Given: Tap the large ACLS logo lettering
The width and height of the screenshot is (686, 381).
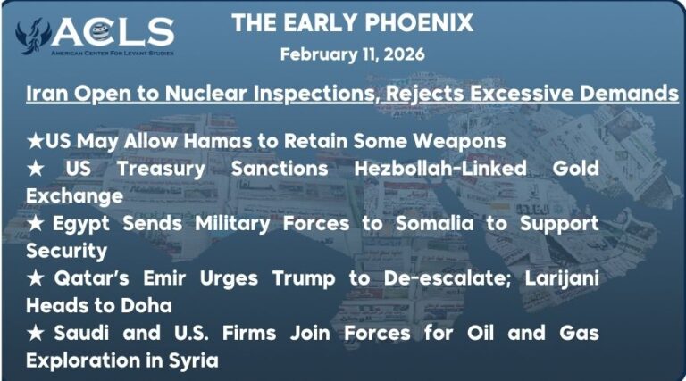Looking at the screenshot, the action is pos(113,32).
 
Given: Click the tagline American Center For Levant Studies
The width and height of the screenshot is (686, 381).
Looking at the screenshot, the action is pos(113,53).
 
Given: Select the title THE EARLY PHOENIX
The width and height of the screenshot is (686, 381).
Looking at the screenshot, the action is pos(352,22).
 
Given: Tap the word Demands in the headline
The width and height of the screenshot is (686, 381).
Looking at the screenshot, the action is pos(629,93).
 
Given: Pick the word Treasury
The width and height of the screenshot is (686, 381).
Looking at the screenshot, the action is pos(161,170).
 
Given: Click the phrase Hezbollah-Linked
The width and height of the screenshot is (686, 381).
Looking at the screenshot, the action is pos(440,169).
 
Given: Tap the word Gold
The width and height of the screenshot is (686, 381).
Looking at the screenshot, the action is pos(576,169).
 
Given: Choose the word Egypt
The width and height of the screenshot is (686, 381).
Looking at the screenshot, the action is pos(81,224).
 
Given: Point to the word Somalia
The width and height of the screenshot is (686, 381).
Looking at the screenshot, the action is pos(434,224).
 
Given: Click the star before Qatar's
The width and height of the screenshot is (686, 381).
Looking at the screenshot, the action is pos(35,278).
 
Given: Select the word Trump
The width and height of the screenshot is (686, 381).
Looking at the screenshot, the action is pos(304,278).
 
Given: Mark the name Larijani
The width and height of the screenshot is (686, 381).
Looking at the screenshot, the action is pos(562,278).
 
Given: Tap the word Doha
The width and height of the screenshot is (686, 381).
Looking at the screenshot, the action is pos(146,306).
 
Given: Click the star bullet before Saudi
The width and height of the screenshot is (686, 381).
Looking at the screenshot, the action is pos(35,334).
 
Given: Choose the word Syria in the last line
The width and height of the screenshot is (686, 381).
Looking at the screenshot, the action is pos(193,361).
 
